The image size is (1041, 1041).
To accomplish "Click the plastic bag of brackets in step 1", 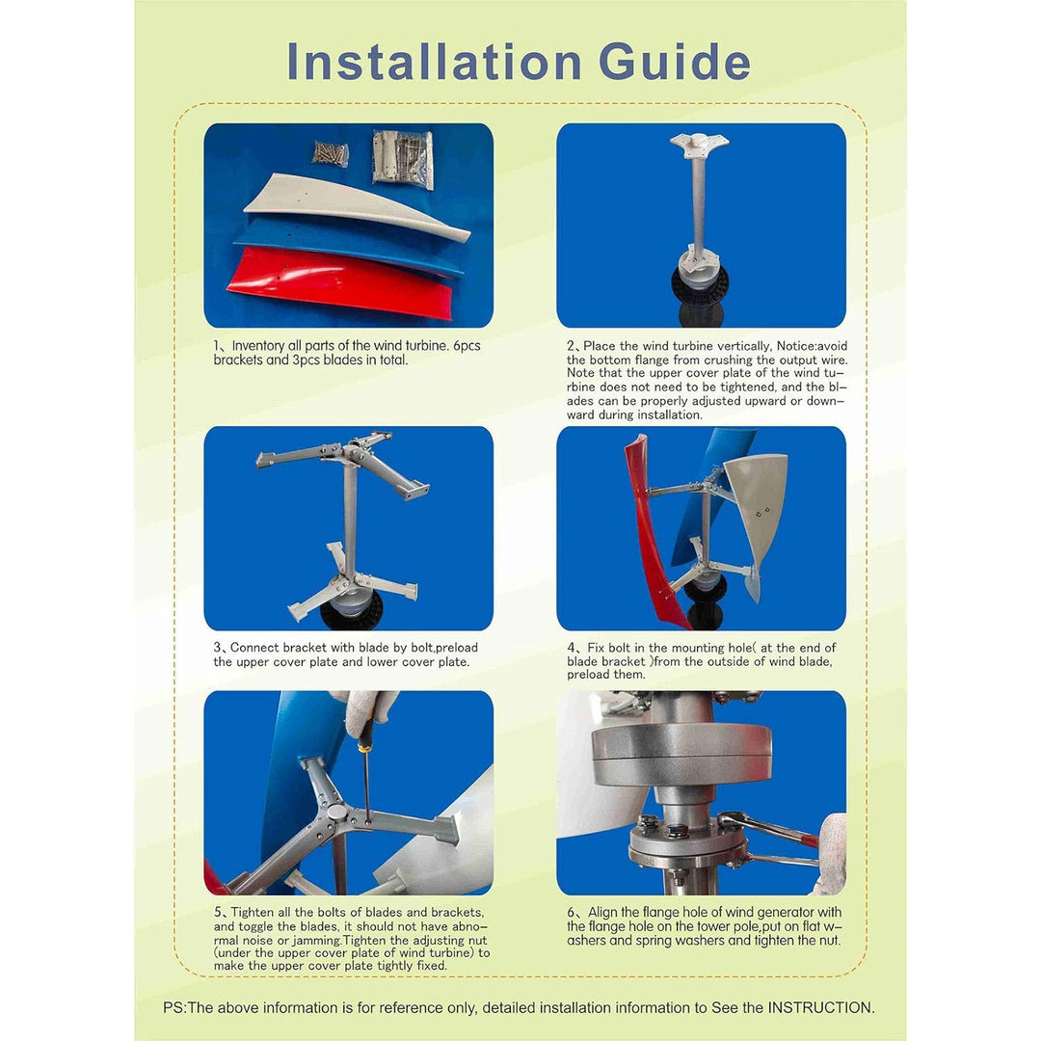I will tap(403, 159).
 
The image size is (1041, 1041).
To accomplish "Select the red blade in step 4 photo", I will tap(648, 540).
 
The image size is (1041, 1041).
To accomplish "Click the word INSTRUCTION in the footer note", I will tap(819, 1007).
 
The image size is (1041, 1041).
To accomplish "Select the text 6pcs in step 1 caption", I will tap(463, 346).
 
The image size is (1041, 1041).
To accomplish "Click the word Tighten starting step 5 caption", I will tap(254, 913).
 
